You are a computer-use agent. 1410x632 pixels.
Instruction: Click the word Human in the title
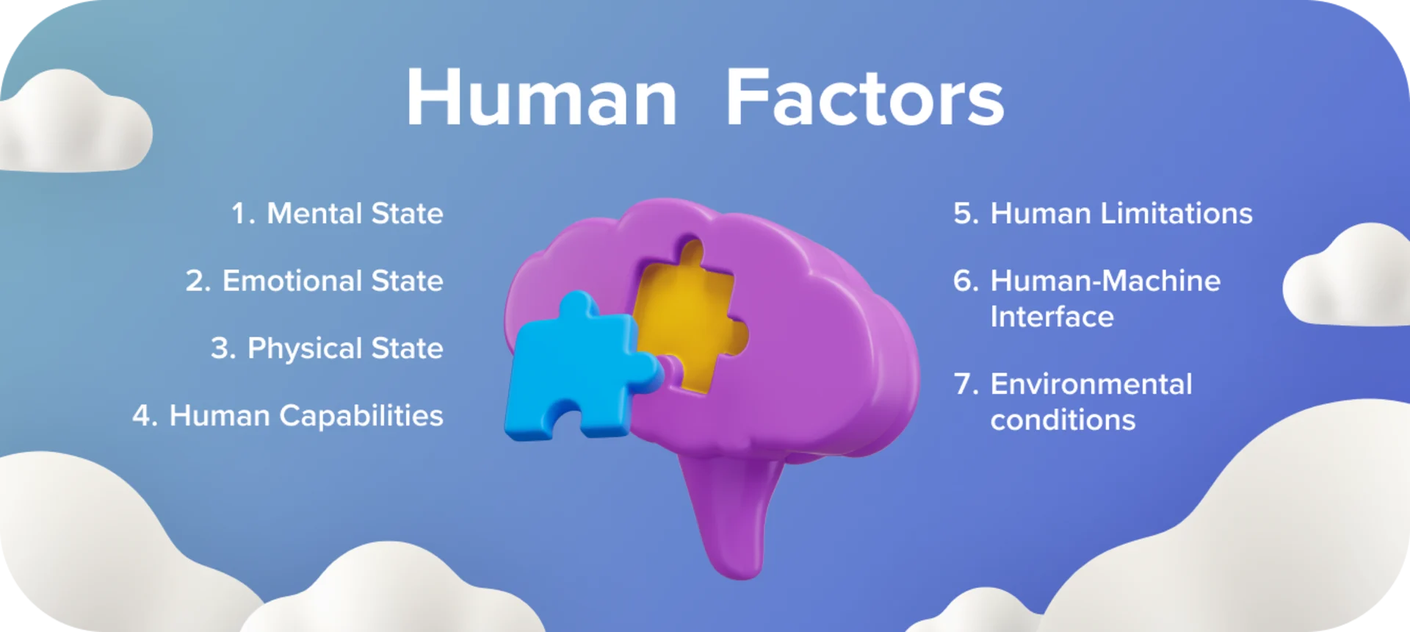point(541,98)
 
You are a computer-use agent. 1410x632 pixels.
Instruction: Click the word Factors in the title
point(864,98)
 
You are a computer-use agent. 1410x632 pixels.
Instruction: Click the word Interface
point(1052,317)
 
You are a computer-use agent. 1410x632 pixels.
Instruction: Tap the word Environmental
point(1091,384)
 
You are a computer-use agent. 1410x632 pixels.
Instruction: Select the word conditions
point(1063,420)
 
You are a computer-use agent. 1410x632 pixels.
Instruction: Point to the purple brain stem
point(734,514)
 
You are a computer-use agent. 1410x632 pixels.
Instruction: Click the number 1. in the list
point(243,214)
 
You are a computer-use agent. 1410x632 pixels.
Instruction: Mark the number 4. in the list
point(145,416)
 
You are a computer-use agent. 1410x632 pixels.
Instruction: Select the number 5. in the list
point(966,214)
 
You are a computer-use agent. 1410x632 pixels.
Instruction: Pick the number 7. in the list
point(966,384)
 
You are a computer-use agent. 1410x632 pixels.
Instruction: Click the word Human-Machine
point(1105,281)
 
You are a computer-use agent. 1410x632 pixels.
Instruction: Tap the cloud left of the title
point(73,125)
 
